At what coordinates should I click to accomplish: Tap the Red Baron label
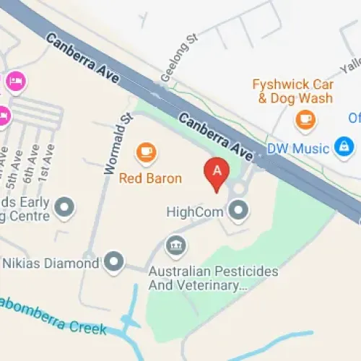pyautogui.click(x=150, y=178)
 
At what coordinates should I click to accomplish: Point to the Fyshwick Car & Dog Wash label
pyautogui.click(x=292, y=91)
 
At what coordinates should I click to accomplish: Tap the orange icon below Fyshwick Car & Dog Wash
pyautogui.click(x=305, y=118)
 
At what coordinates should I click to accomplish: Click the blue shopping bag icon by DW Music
pyautogui.click(x=343, y=148)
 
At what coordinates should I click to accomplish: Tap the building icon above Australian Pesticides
pyautogui.click(x=174, y=245)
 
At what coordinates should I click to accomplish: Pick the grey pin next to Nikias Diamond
pyautogui.click(x=114, y=262)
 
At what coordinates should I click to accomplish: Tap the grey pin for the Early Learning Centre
pyautogui.click(x=65, y=209)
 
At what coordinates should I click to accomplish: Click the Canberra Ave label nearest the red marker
pyautogui.click(x=217, y=137)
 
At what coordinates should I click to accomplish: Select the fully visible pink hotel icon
pyautogui.click(x=14, y=82)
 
